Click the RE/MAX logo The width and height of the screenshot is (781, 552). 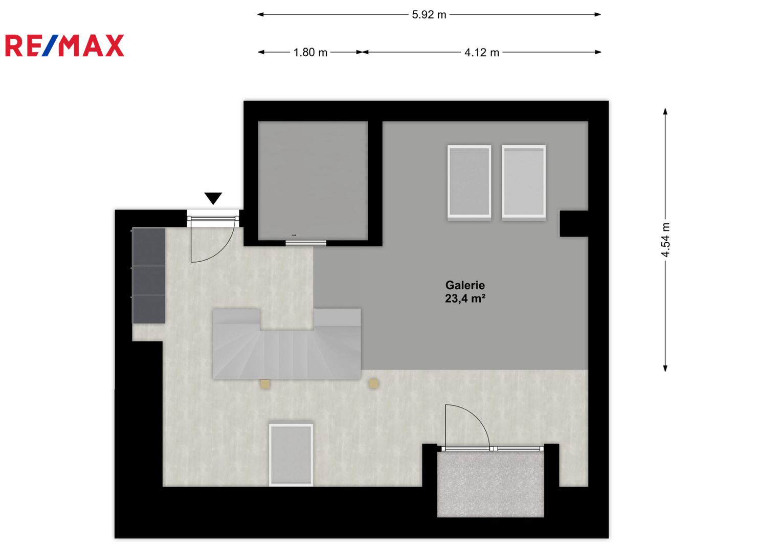pyautogui.click(x=64, y=45)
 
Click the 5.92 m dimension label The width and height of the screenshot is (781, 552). pyautogui.click(x=429, y=15)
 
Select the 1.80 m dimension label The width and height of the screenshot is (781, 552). pyautogui.click(x=310, y=52)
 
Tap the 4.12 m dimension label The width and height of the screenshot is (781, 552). pyautogui.click(x=482, y=52)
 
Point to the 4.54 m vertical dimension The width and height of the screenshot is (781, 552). pyautogui.click(x=665, y=240)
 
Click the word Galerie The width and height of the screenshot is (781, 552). pyautogui.click(x=465, y=285)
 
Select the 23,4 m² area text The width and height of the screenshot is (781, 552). pyautogui.click(x=465, y=298)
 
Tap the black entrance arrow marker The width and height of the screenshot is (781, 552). pyautogui.click(x=213, y=198)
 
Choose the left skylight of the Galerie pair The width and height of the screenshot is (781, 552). pyautogui.click(x=470, y=182)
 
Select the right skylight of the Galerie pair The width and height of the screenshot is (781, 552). pyautogui.click(x=524, y=182)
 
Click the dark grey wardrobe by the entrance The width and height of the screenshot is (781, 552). pyautogui.click(x=148, y=275)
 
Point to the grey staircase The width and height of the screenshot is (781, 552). pyautogui.click(x=286, y=343)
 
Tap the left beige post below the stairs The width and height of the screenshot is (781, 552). pyautogui.click(x=265, y=384)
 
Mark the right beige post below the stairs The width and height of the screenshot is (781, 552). pyautogui.click(x=373, y=384)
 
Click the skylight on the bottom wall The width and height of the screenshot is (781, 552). pyautogui.click(x=291, y=455)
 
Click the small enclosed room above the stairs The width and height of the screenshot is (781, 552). pyautogui.click(x=313, y=180)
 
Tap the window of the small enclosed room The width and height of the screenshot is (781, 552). pyautogui.click(x=306, y=243)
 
